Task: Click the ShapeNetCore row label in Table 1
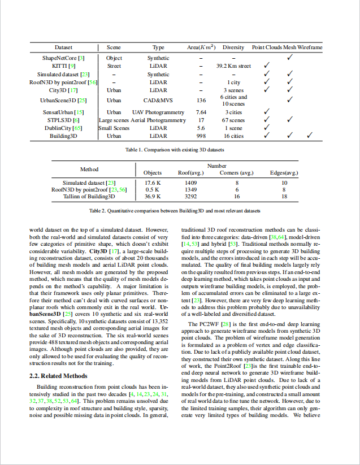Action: point(63,58)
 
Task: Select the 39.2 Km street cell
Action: point(233,66)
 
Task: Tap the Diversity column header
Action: point(233,47)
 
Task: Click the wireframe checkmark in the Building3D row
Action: point(309,136)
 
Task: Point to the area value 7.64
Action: point(201,112)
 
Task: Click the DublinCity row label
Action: point(63,128)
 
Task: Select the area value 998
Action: point(201,136)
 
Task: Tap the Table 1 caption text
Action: point(175,150)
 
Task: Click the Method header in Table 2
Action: point(89,169)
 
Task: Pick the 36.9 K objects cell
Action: point(153,197)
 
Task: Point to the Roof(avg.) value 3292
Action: point(191,197)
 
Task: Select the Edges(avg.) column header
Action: point(284,173)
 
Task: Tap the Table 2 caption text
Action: point(175,210)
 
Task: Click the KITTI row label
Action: point(63,66)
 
